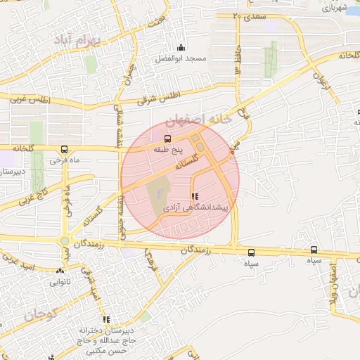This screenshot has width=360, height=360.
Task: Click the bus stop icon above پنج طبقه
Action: (167, 139)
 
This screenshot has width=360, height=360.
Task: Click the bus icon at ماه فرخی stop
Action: (64, 149)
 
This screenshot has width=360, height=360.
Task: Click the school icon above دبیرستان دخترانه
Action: (106, 320)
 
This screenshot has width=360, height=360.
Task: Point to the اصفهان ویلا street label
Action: (335, 281)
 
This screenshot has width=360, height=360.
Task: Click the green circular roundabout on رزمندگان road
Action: (64, 242)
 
